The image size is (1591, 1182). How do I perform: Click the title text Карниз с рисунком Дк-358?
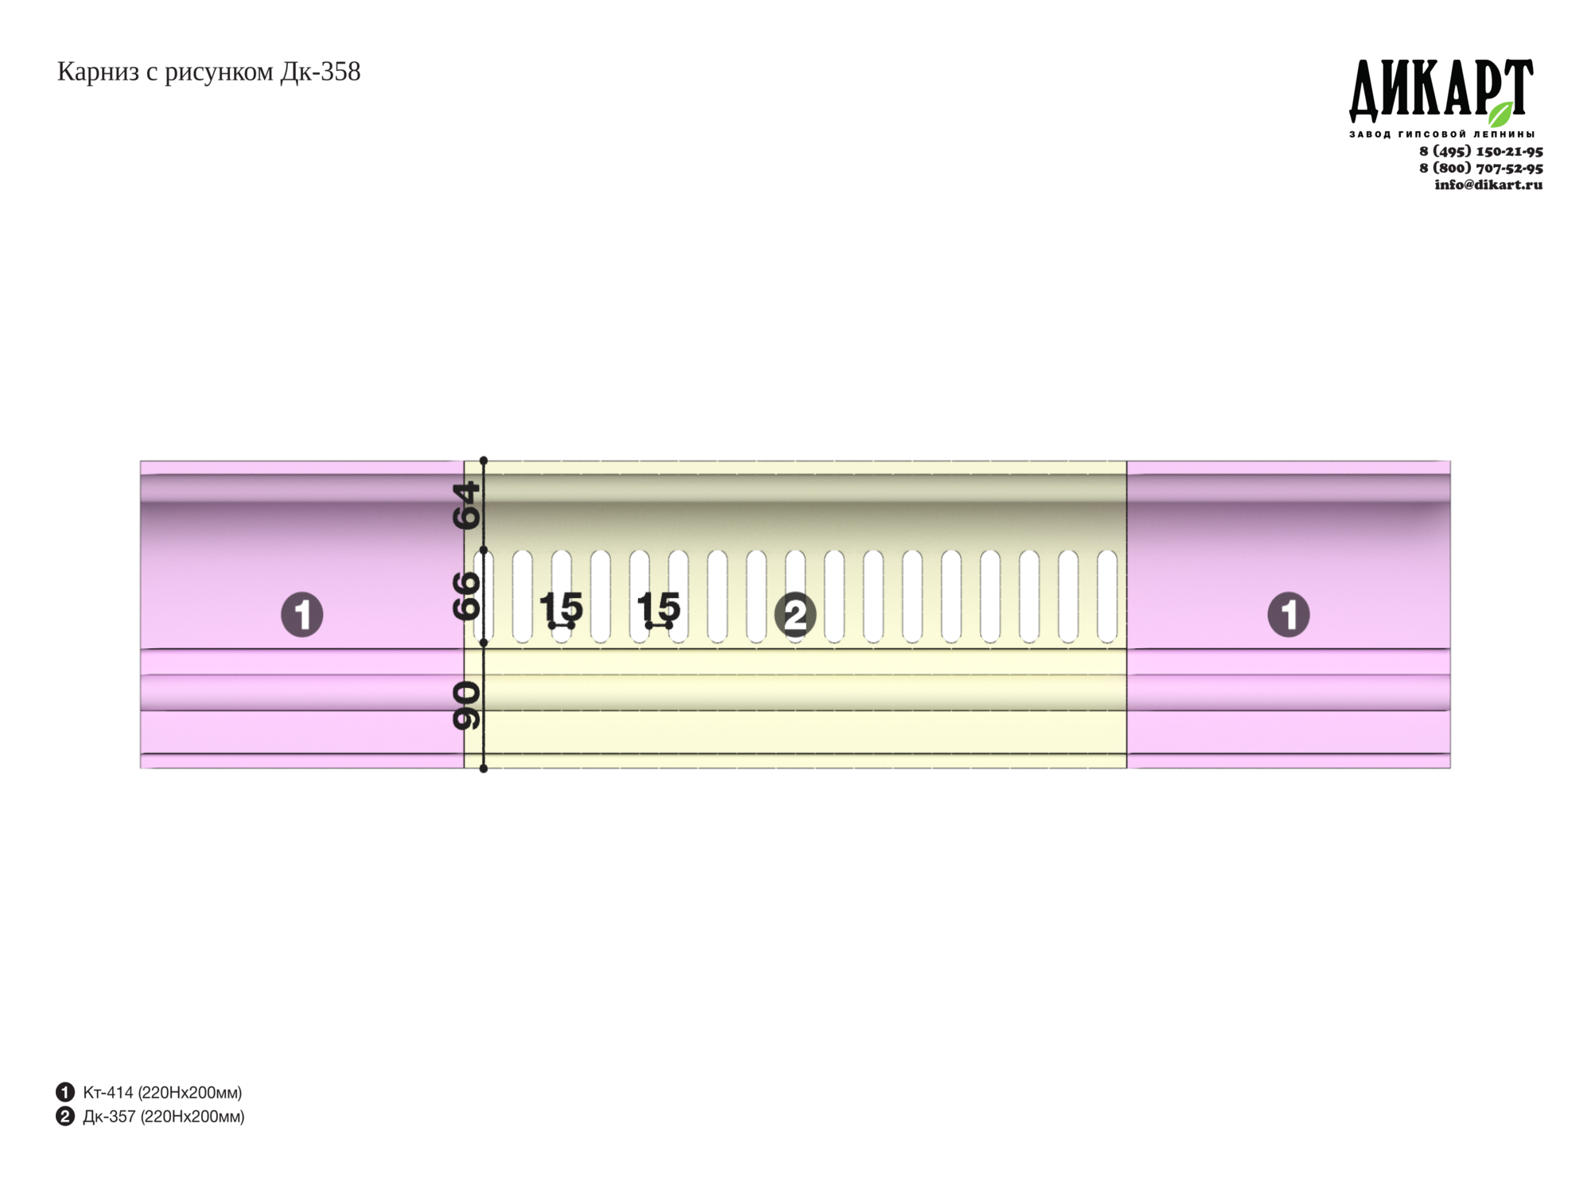coord(208,72)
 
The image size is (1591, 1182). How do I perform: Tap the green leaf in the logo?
coord(1501,114)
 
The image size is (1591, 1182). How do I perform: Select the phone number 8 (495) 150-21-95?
coord(1481,151)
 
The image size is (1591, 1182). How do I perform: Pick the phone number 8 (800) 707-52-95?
coord(1481,168)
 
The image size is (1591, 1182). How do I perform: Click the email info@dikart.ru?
coord(1488,185)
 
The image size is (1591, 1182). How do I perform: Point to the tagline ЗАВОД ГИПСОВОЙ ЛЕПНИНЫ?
coord(1441,134)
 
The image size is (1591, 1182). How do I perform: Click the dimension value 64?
coord(467,505)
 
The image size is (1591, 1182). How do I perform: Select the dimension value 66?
coord(467,596)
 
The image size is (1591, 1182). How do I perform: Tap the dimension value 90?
coord(467,706)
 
